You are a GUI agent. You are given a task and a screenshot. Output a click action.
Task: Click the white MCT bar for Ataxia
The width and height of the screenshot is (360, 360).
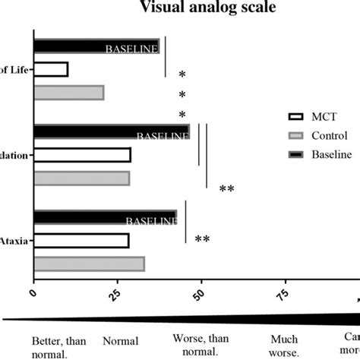[81, 241]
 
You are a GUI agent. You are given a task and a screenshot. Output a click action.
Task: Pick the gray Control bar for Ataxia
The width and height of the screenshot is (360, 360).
[89, 264]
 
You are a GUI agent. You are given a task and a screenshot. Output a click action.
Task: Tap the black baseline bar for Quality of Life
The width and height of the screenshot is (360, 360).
[96, 47]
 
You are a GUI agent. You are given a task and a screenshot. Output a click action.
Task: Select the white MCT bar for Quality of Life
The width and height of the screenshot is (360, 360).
[51, 70]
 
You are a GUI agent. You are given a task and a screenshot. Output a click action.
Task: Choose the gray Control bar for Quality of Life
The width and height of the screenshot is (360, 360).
[68, 93]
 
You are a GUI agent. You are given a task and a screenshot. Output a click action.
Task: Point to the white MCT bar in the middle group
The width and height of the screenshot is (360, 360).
[82, 155]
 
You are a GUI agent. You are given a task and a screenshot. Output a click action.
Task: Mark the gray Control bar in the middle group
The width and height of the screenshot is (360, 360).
[81, 178]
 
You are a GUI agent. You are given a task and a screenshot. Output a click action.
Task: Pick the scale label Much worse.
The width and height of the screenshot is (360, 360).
[283, 347]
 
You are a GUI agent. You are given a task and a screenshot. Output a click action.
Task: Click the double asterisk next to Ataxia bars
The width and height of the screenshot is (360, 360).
[202, 239]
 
